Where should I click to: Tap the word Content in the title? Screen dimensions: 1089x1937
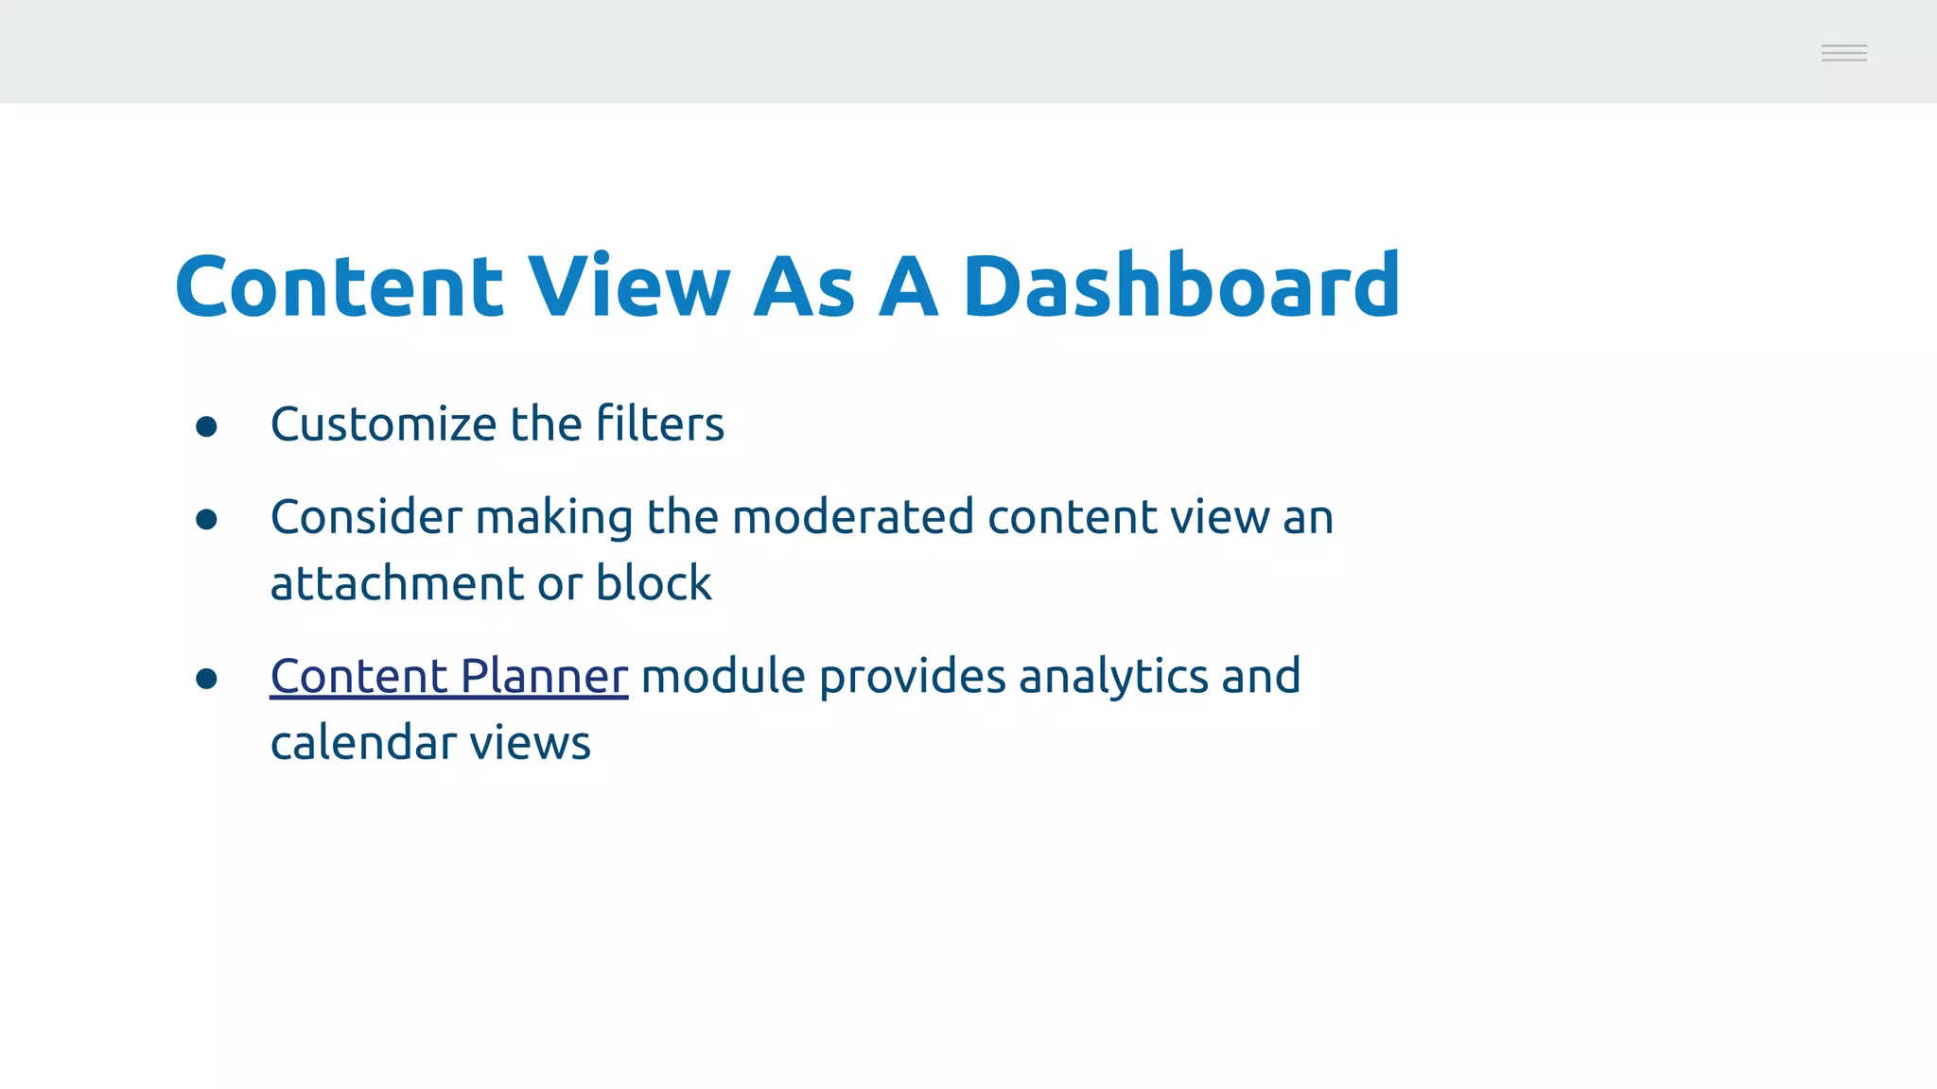(x=339, y=285)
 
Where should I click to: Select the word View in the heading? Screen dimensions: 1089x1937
(x=628, y=285)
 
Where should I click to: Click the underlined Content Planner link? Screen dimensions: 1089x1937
(x=448, y=677)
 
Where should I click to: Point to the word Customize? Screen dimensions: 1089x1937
(x=382, y=424)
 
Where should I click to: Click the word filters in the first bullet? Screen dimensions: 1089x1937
(x=660, y=424)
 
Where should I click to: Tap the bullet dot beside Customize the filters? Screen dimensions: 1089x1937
(x=206, y=427)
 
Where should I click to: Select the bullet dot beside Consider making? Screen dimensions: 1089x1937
(x=206, y=520)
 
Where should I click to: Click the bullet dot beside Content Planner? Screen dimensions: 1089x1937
(x=206, y=679)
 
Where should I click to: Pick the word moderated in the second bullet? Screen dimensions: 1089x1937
(x=852, y=518)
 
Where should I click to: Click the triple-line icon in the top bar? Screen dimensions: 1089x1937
(x=1843, y=53)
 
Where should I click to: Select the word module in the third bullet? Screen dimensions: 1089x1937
(x=723, y=677)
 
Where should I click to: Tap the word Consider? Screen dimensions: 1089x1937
(x=366, y=518)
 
